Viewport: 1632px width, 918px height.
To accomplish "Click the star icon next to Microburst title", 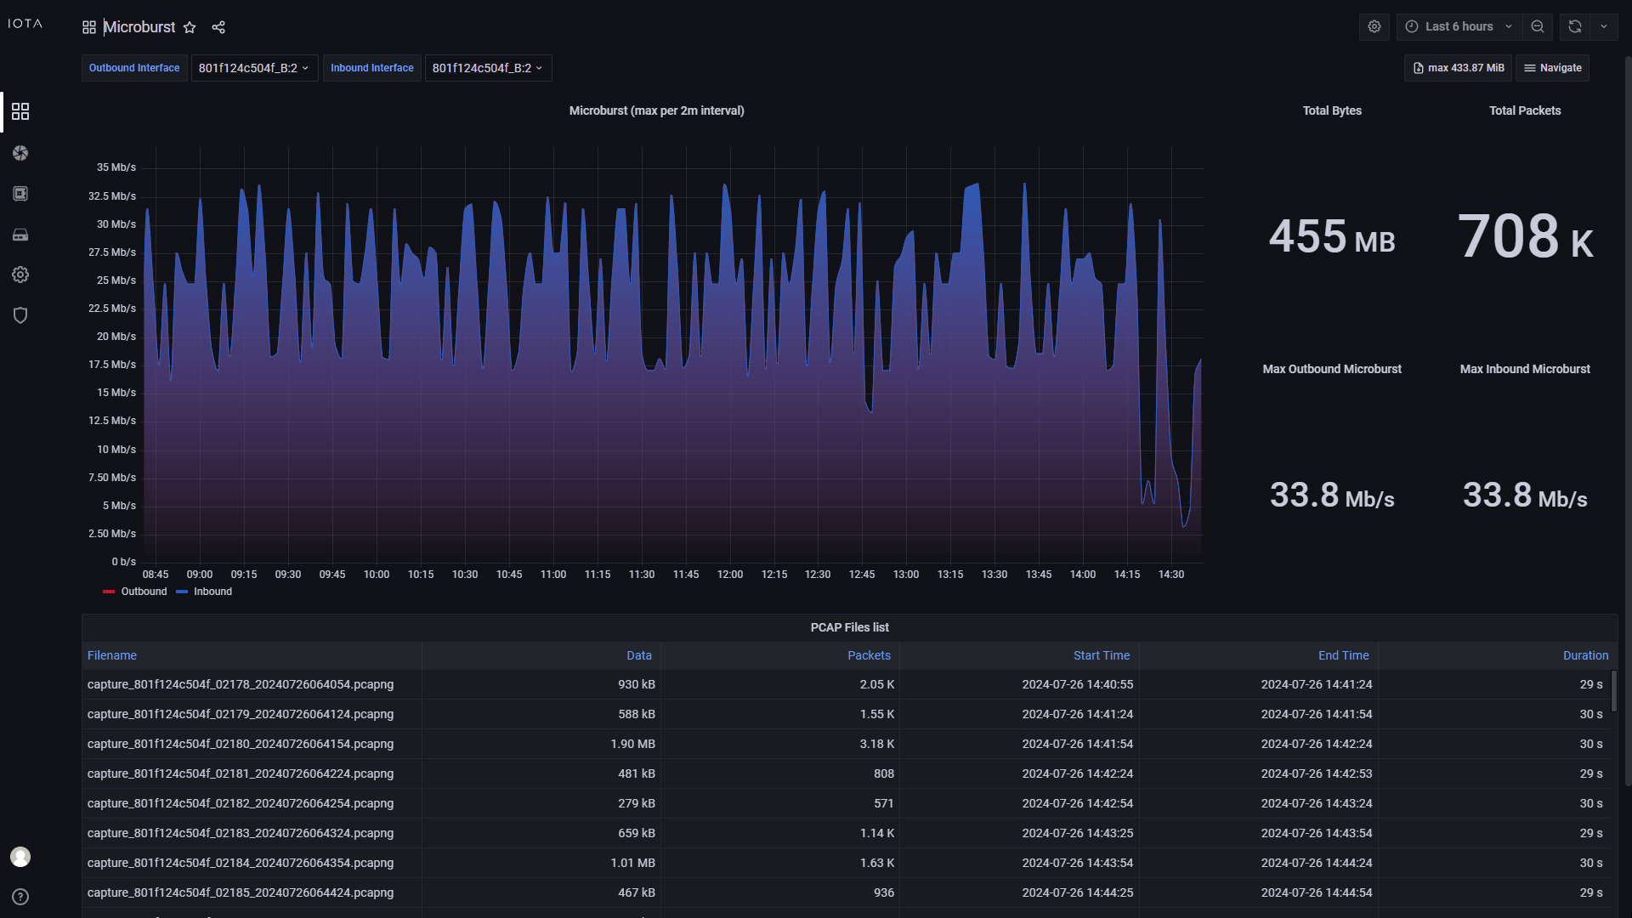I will click(190, 27).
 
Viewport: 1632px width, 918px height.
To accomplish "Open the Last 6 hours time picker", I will click(1458, 26).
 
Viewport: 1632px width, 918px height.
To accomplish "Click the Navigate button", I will click(1552, 68).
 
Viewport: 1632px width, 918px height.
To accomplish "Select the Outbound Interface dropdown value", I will click(253, 68).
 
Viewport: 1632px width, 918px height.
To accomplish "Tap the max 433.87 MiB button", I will click(1458, 68).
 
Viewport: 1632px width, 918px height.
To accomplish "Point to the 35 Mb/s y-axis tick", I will click(116, 167).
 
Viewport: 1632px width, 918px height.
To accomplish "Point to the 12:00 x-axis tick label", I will click(729, 575).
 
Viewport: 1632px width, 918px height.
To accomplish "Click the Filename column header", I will click(112, 655).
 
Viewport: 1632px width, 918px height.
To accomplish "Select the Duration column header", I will click(1585, 655).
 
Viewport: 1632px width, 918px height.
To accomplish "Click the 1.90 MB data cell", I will click(632, 744).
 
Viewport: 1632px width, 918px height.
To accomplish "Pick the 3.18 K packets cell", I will click(876, 744).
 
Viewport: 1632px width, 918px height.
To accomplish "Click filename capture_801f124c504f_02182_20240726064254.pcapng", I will click(241, 803).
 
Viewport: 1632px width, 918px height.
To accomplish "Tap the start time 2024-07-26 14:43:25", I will click(1077, 833).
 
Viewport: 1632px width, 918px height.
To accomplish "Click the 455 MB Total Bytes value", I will click(1331, 236).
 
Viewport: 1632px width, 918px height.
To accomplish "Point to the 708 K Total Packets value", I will click(1524, 236).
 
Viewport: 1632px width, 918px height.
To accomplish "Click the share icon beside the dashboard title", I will click(218, 27).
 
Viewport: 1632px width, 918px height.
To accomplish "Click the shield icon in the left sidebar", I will click(20, 315).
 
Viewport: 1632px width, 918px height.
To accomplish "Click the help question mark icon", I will click(20, 897).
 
